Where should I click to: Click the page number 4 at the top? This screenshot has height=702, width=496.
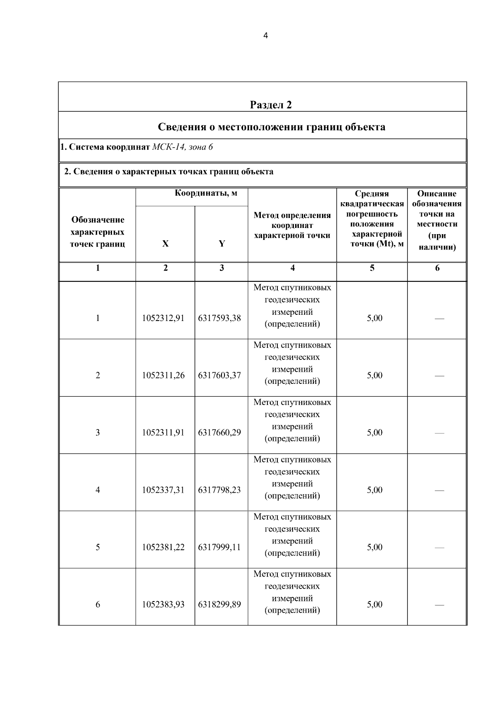(x=265, y=36)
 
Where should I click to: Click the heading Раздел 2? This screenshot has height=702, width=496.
(x=271, y=105)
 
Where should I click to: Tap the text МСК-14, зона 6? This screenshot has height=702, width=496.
(x=182, y=147)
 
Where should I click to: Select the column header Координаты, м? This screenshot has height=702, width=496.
(x=206, y=193)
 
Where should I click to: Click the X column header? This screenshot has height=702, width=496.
(x=165, y=244)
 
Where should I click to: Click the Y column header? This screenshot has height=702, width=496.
(x=222, y=244)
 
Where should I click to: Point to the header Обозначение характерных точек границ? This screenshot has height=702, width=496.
(x=98, y=232)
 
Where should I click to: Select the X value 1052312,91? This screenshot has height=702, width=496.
(x=163, y=318)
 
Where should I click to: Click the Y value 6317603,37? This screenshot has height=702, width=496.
(x=219, y=375)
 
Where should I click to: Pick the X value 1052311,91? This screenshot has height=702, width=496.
(x=163, y=432)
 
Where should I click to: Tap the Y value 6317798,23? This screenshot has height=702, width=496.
(x=219, y=490)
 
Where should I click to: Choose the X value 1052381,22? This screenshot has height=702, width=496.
(x=163, y=547)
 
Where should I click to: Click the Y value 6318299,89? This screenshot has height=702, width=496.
(x=219, y=604)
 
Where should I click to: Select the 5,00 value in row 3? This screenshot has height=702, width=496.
(x=374, y=432)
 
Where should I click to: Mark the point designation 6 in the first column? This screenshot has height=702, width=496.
(x=98, y=604)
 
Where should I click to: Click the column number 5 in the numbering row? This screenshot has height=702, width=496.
(x=372, y=268)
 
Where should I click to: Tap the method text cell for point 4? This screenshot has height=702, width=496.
(x=292, y=477)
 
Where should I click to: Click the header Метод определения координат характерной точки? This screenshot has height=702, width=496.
(x=292, y=225)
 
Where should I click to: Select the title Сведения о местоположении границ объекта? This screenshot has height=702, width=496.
(x=271, y=127)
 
